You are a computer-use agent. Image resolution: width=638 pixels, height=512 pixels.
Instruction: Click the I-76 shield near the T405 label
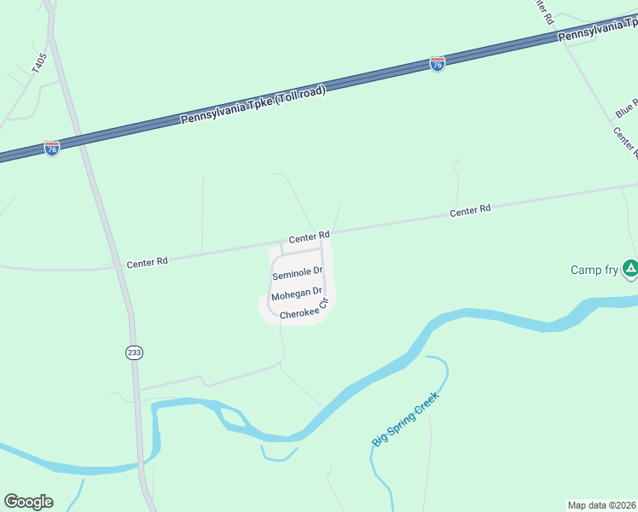click(52, 148)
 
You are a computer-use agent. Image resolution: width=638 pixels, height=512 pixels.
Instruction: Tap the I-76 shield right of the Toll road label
click(437, 64)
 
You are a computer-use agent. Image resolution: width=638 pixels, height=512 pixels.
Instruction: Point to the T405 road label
click(38, 65)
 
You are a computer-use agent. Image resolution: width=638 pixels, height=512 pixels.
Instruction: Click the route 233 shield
click(134, 352)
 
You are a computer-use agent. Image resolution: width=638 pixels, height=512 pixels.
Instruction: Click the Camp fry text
click(594, 271)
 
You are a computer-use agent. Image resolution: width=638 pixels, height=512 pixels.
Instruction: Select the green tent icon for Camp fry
click(629, 269)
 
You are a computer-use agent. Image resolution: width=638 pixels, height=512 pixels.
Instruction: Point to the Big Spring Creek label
click(406, 419)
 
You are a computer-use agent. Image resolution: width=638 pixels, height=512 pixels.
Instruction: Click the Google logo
click(28, 502)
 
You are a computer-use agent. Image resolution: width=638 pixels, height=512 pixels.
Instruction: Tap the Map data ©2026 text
click(601, 505)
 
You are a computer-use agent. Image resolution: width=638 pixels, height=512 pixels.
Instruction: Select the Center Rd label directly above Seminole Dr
click(309, 236)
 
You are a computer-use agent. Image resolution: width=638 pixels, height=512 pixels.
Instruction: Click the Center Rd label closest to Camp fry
click(470, 210)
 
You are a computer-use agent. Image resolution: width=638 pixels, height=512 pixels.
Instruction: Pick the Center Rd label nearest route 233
click(147, 264)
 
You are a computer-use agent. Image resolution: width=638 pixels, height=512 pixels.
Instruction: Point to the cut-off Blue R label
click(627, 108)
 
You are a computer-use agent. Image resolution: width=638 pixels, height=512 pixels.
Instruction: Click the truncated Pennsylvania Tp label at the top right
click(597, 32)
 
